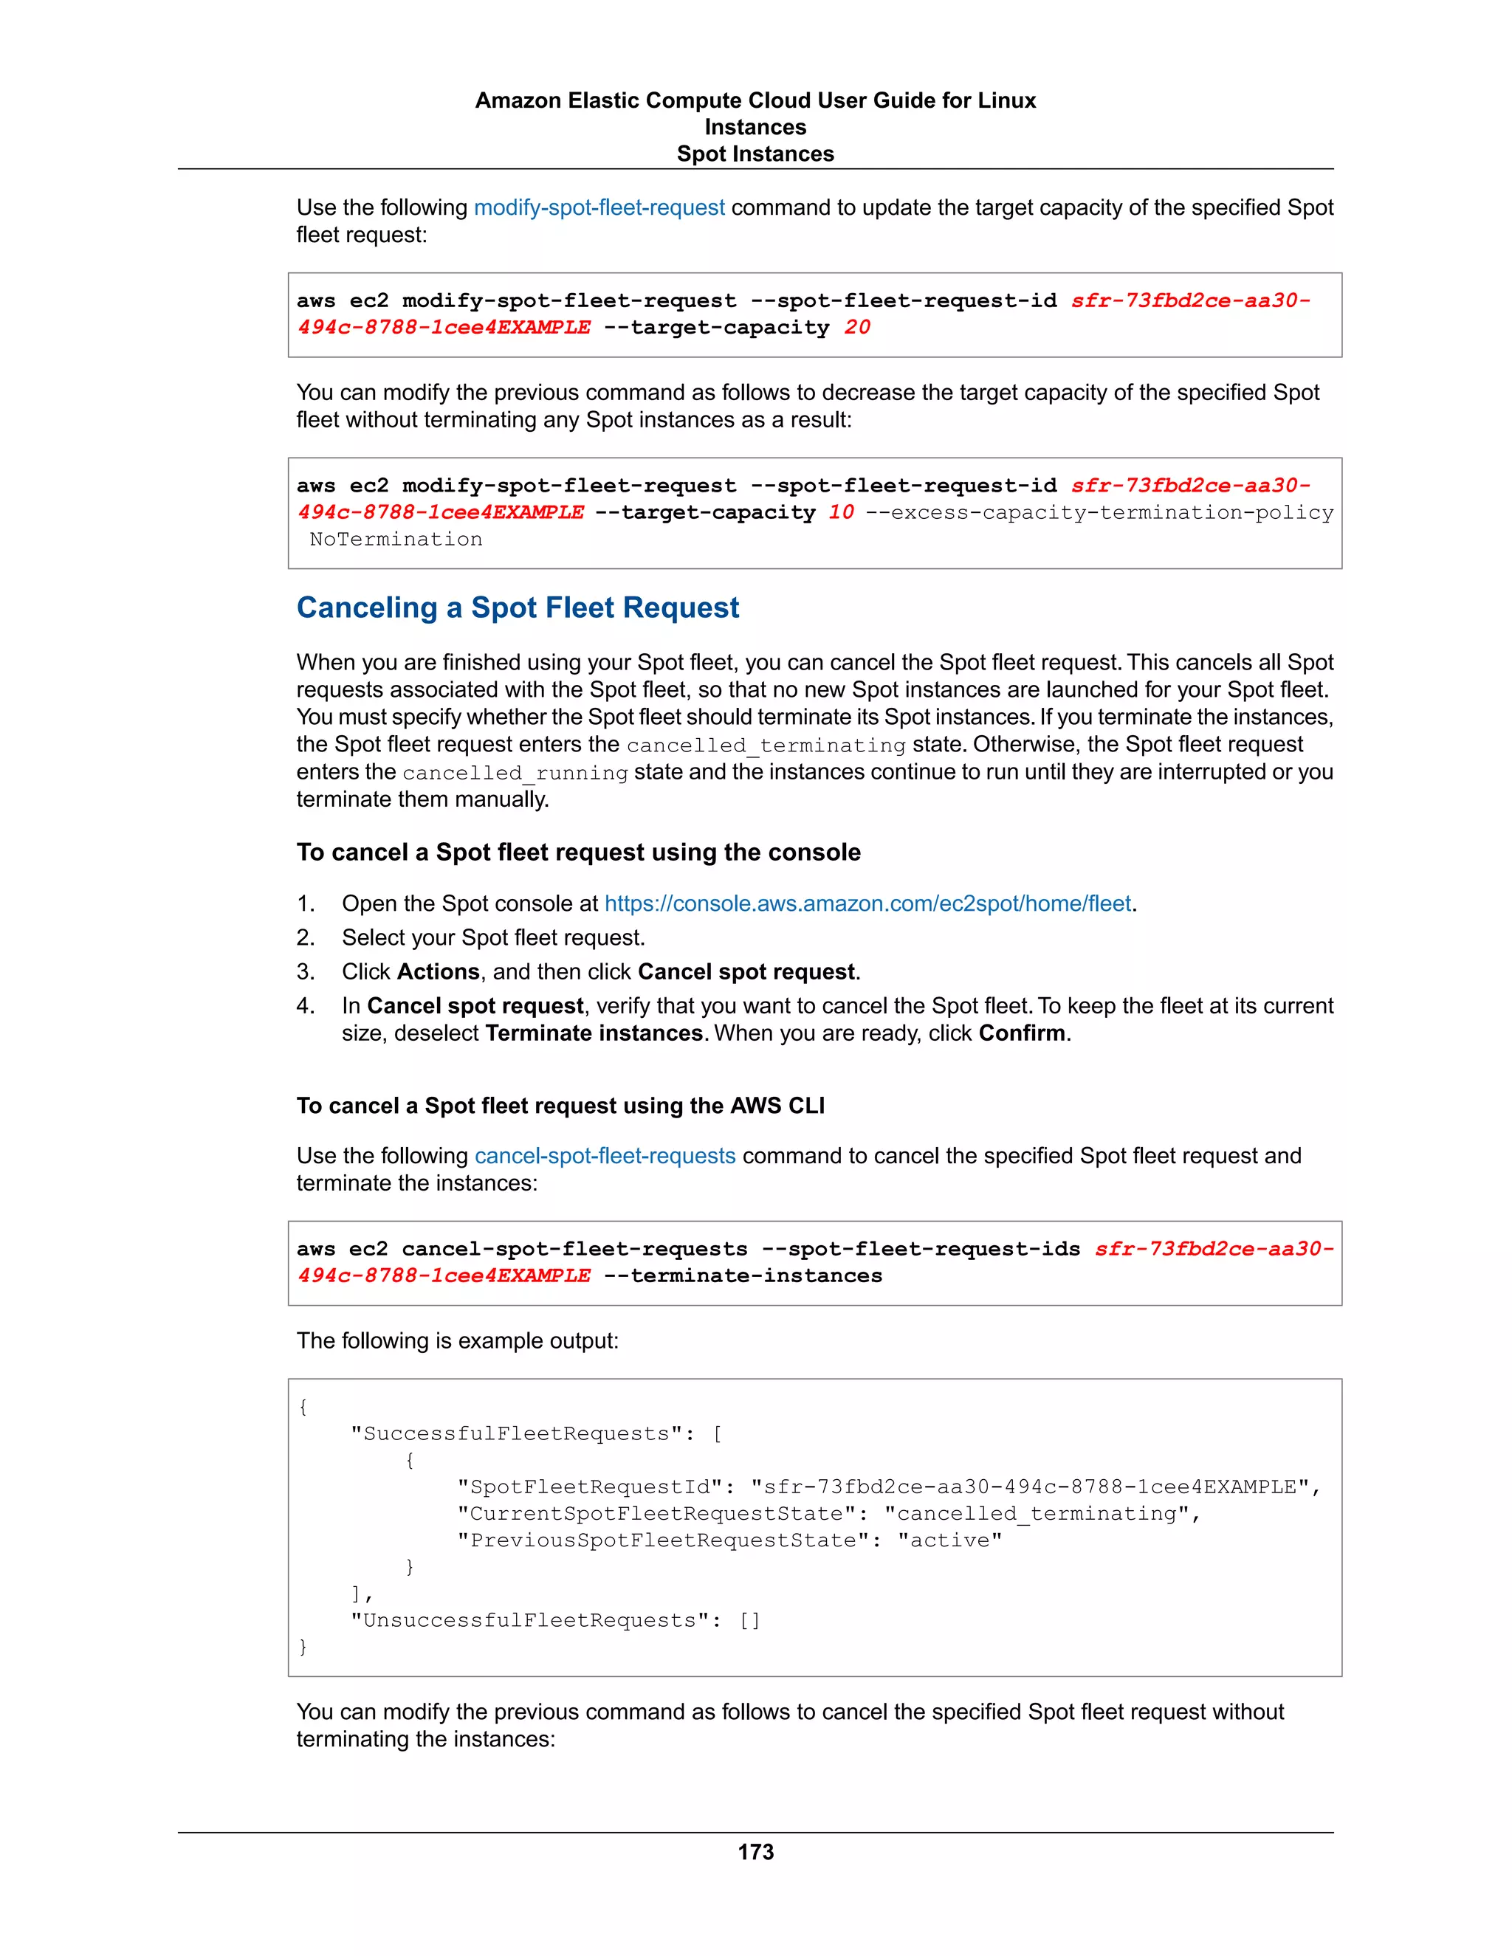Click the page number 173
755,1851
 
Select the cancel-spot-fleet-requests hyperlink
605,1155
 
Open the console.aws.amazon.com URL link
867,903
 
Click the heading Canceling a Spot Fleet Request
518,608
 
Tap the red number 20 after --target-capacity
856,328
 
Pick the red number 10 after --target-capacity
840,512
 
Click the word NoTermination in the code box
396,539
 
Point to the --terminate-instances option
743,1275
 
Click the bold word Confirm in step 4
1021,1033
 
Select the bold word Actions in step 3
438,972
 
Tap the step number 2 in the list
305,937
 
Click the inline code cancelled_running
515,773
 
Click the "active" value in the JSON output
949,1540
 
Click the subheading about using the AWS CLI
560,1106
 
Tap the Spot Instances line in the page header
755,154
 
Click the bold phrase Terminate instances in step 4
593,1033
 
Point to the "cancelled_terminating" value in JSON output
1037,1514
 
